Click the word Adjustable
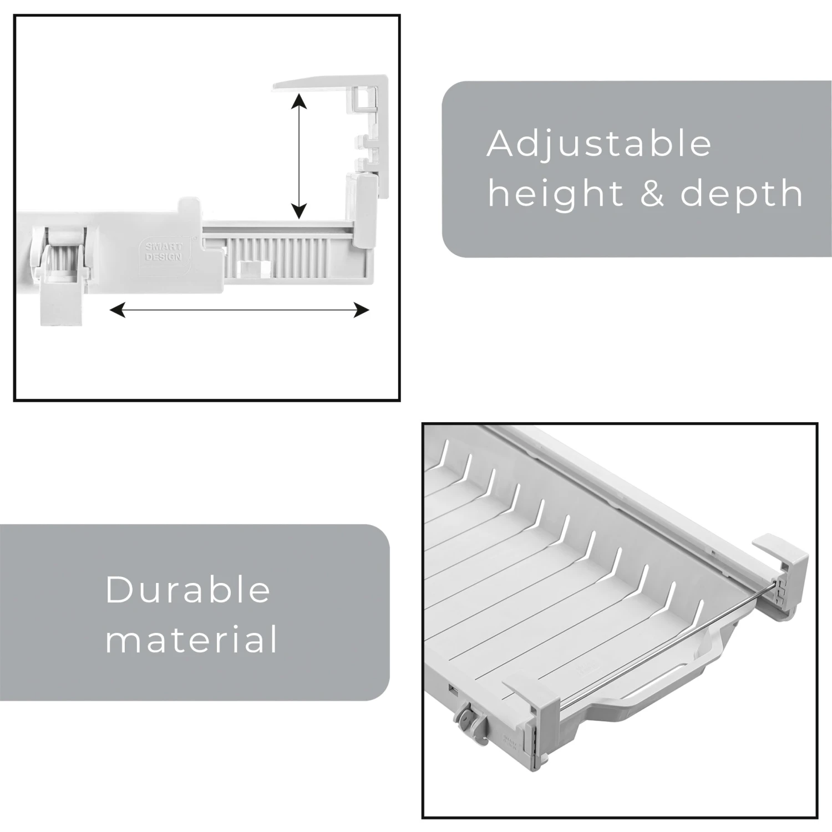click(599, 144)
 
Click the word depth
click(741, 194)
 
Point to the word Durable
click(187, 590)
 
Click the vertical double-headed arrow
click(299, 156)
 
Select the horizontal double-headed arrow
click(239, 310)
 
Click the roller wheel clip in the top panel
click(60, 261)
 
